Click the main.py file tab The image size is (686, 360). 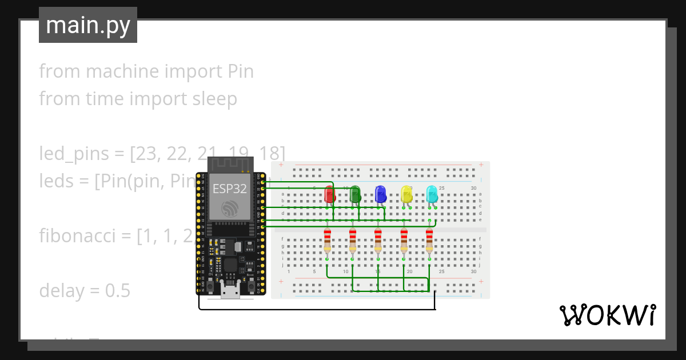click(88, 25)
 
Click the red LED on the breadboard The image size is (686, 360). click(329, 194)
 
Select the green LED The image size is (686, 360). click(355, 194)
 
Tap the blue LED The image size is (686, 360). click(381, 194)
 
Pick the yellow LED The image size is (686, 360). click(406, 194)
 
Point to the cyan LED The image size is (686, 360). click(432, 194)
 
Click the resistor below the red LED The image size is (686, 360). click(327, 240)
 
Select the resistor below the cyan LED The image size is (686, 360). click(429, 240)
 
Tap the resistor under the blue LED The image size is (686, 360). click(378, 240)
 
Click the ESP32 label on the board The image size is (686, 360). click(230, 189)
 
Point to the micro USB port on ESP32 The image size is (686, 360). click(231, 292)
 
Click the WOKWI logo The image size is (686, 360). click(608, 315)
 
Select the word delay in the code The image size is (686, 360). click(61, 290)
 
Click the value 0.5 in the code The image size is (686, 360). click(117, 290)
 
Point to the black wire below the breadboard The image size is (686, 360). click(314, 309)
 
